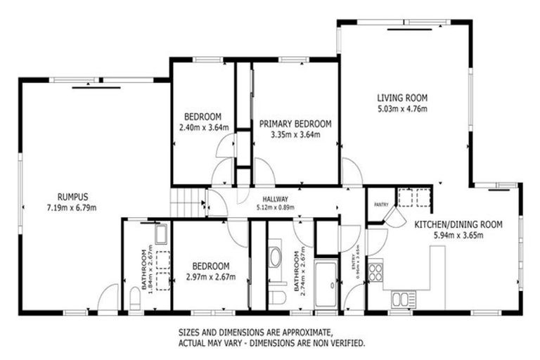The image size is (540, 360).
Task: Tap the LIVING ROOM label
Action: coord(402,98)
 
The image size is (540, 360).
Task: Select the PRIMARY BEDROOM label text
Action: coord(295,124)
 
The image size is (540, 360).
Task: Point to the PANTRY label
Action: coord(381,205)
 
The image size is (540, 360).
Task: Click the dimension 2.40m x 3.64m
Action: coord(203,128)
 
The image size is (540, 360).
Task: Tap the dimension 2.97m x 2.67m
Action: coord(211,277)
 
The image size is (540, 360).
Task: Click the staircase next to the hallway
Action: coord(187,202)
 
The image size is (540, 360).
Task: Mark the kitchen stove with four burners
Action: coord(375,271)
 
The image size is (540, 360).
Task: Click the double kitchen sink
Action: coord(401,299)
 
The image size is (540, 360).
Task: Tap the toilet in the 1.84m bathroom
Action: coord(136,299)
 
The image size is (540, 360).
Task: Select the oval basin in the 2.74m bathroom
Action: coord(276,256)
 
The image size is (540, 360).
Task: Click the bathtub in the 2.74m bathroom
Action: coord(326,284)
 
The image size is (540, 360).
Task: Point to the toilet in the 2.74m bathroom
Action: coord(277,298)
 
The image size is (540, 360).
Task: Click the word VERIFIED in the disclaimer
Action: coord(345,343)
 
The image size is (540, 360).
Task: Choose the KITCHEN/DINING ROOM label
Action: coord(458,225)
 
